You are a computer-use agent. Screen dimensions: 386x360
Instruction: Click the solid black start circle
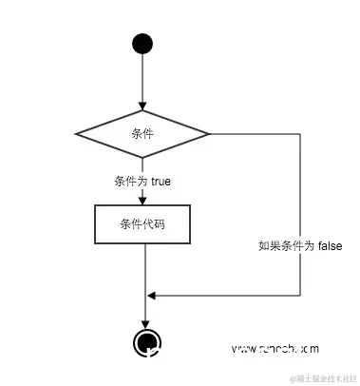click(x=142, y=44)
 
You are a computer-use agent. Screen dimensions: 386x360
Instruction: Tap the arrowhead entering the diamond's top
click(x=142, y=106)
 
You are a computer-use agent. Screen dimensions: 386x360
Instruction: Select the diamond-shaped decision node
click(x=142, y=134)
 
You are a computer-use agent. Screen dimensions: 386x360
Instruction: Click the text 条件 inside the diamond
click(x=142, y=134)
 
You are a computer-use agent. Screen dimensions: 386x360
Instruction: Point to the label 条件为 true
click(x=142, y=180)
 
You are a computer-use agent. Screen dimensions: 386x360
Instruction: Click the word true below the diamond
click(x=159, y=180)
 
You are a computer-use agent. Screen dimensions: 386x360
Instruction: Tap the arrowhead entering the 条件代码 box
click(x=142, y=199)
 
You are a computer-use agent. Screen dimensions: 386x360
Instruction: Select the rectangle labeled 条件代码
click(x=142, y=224)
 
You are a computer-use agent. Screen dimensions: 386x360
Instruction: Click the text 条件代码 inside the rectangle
click(x=142, y=224)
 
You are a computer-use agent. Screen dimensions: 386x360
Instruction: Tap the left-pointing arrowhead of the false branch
click(x=151, y=295)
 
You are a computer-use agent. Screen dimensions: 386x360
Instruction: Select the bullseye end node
click(x=144, y=342)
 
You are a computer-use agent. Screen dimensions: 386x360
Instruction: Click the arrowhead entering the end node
click(x=144, y=324)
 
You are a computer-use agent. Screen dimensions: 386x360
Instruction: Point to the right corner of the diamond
click(x=210, y=134)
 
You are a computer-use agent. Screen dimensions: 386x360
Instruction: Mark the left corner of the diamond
click(x=76, y=134)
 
